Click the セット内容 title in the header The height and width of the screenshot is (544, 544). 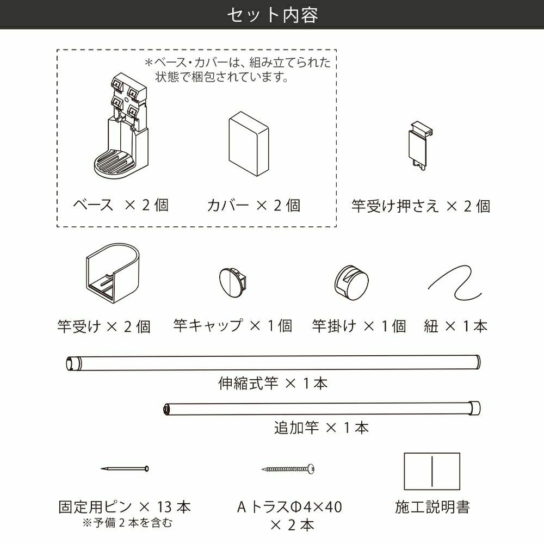click(x=273, y=15)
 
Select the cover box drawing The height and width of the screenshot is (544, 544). click(x=249, y=144)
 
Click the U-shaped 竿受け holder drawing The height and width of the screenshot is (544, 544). click(x=112, y=273)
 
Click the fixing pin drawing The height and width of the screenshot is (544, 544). click(x=125, y=469)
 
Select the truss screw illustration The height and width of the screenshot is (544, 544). click(x=288, y=469)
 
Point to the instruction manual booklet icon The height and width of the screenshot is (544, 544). click(x=432, y=471)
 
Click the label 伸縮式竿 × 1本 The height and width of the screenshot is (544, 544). click(x=273, y=384)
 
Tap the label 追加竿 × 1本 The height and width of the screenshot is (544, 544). click(x=322, y=428)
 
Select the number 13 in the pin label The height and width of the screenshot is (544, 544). click(x=164, y=507)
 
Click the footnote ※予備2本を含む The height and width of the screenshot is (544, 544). click(x=127, y=522)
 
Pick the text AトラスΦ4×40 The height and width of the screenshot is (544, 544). click(x=289, y=507)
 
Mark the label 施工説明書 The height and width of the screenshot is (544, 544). click(x=432, y=507)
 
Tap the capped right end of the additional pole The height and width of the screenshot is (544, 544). click(x=475, y=408)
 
